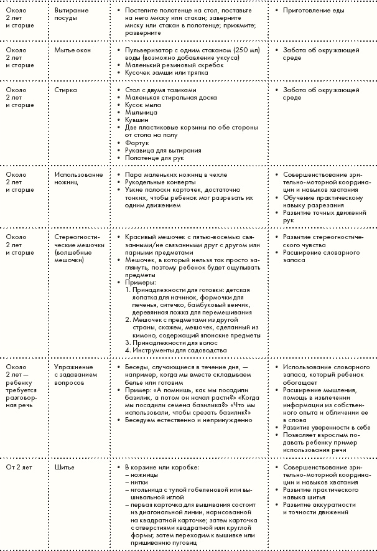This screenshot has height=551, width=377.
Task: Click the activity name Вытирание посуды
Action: click(72, 15)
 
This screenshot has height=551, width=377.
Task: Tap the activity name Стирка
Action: click(65, 90)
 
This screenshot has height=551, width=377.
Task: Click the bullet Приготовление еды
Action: click(312, 11)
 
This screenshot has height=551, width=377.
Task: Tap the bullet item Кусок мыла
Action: click(142, 105)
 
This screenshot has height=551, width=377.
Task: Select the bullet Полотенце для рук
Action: click(152, 158)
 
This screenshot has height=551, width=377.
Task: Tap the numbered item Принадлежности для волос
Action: click(170, 342)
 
